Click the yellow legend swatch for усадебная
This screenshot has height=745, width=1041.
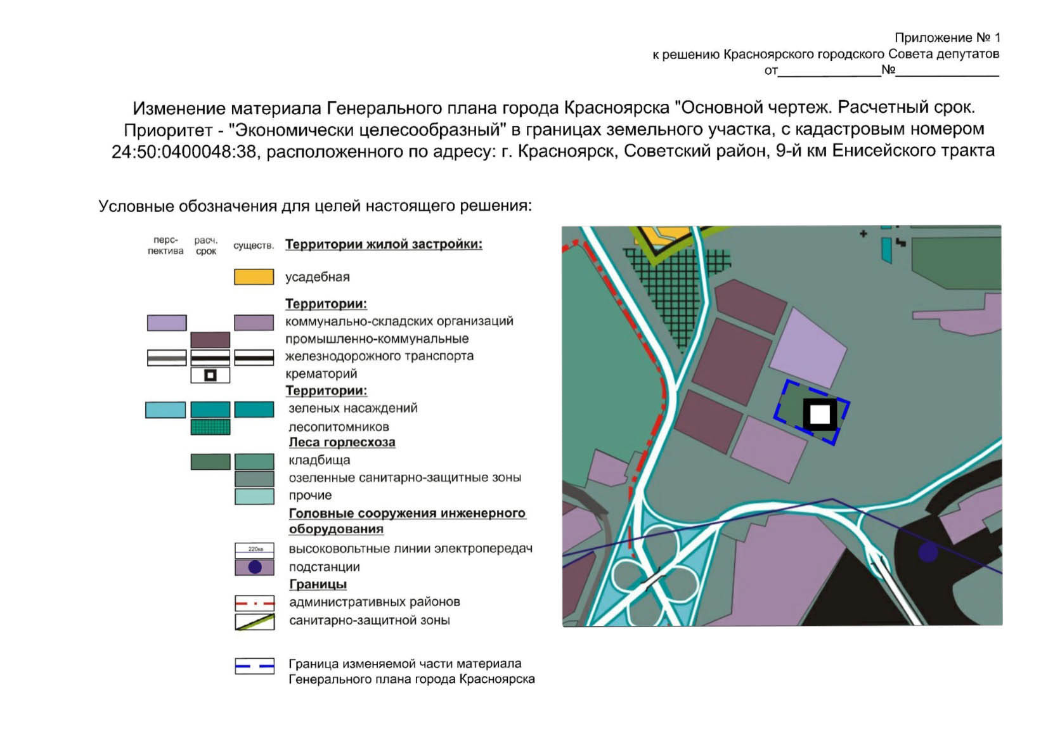click(x=254, y=277)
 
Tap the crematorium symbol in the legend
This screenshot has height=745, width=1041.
click(x=210, y=375)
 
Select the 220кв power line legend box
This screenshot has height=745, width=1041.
click(x=254, y=550)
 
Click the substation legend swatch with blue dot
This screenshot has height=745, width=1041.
click(x=254, y=567)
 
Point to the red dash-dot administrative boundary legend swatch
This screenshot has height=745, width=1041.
click(x=254, y=603)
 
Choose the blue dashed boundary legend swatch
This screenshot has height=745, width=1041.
click(x=254, y=666)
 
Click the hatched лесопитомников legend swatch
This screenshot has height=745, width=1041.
click(x=210, y=427)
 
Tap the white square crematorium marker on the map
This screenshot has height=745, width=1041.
click(x=820, y=415)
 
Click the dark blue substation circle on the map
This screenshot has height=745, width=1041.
click(x=928, y=552)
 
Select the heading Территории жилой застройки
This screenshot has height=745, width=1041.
click(x=384, y=245)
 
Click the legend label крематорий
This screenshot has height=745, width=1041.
click(x=321, y=374)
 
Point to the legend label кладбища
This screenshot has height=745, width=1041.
click(x=319, y=460)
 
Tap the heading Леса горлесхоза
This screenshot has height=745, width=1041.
click(x=342, y=443)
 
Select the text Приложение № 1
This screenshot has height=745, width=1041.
click(x=947, y=38)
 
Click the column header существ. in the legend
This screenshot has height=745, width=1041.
click(x=254, y=246)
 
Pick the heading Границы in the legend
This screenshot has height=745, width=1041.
click(x=318, y=585)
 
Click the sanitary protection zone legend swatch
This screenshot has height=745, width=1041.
click(x=254, y=621)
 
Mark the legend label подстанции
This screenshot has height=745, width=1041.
click(x=324, y=567)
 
